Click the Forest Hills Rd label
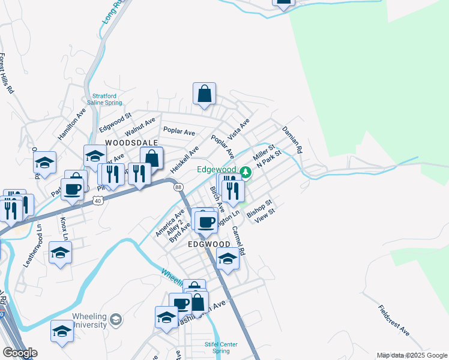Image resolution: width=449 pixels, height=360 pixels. (7, 73)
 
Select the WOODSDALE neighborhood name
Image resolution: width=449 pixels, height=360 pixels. (132, 143)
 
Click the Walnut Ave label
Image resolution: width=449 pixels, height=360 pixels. (140, 127)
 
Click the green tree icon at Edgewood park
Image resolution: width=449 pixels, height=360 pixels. (245, 173)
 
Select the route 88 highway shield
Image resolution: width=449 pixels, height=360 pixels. (178, 187)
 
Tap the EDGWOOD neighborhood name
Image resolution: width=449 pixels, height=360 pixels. (209, 245)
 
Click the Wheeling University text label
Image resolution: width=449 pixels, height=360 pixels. (90, 320)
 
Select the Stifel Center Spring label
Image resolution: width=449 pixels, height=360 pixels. (221, 347)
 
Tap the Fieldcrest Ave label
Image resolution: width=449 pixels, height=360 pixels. (394, 320)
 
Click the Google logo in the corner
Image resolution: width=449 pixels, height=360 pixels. (20, 353)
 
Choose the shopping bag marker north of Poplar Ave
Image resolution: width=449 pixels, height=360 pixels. (204, 94)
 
